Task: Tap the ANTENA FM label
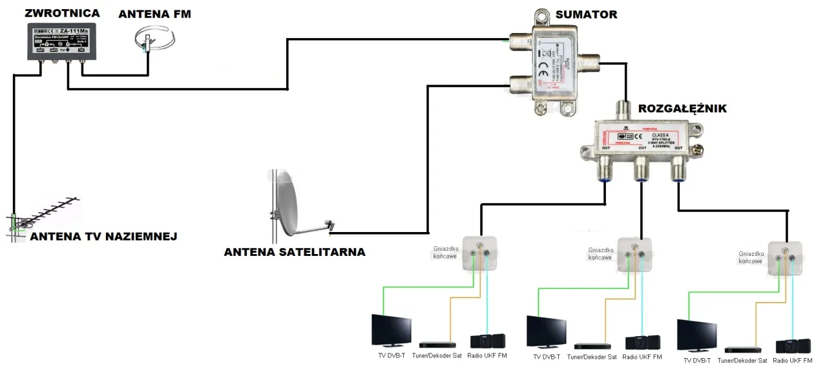click(x=154, y=14)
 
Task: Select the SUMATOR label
click(x=586, y=14)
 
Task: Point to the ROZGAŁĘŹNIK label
click(x=682, y=109)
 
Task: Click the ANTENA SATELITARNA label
click(x=295, y=252)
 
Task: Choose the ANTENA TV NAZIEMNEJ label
click(x=103, y=237)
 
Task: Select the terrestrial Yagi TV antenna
click(x=45, y=215)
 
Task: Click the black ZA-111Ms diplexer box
click(x=61, y=42)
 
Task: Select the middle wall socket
click(x=634, y=253)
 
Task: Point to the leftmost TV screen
click(x=391, y=330)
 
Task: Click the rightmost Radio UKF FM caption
click(x=793, y=361)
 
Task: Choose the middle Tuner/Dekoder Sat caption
click(x=592, y=357)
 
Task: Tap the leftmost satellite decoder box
click(x=437, y=345)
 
